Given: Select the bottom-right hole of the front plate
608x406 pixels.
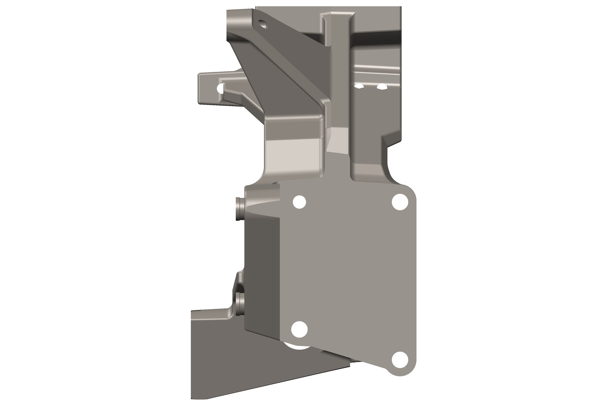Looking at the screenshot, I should point(400,360).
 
